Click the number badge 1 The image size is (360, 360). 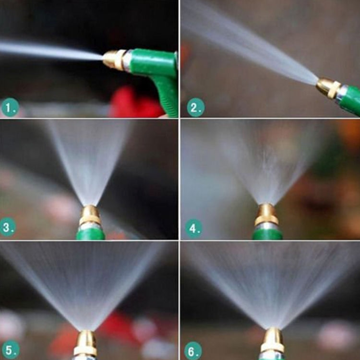point(10,108)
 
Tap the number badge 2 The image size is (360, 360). point(195,107)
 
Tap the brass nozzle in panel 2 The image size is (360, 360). point(328,88)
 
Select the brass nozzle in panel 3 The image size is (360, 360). point(90,216)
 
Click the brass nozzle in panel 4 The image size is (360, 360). point(266,215)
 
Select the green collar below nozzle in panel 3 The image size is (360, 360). point(90,234)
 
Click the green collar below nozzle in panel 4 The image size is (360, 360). point(267,234)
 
